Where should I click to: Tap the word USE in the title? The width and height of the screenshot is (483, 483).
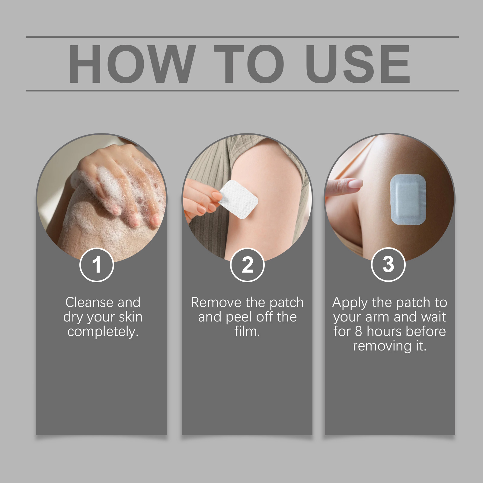358,64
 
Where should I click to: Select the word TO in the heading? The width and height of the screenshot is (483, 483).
249,64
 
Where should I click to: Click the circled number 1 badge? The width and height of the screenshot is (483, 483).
97,265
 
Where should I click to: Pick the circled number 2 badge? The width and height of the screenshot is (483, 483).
247,265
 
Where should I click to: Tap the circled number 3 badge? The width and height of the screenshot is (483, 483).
388,264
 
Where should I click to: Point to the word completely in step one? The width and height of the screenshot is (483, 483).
103,331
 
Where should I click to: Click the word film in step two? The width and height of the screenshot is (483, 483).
247,331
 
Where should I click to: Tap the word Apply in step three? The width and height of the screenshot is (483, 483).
350,303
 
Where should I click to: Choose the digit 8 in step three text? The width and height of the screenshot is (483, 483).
358,331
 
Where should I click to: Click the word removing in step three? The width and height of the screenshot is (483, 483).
382,346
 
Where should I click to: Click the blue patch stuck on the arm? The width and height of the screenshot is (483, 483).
408,199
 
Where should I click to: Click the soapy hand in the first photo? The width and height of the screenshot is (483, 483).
121,184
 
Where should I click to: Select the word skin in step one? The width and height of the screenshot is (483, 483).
130,317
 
